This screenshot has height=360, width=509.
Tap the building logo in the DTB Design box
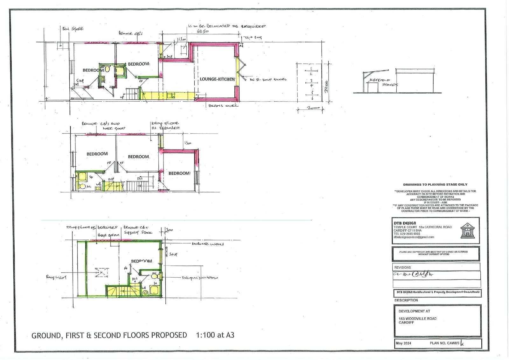pyautogui.click(x=467, y=230)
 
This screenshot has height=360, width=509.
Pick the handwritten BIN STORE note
pyautogui.click(x=73, y=29)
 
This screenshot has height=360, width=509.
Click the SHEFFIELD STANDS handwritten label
pyautogui.click(x=384, y=83)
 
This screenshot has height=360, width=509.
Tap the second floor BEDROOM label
pyautogui.click(x=142, y=261)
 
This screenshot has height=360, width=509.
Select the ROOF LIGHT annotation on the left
pyautogui.click(x=56, y=278)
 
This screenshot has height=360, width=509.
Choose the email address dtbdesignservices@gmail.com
pyautogui.click(x=414, y=237)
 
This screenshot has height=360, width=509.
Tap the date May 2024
pyautogui.click(x=403, y=343)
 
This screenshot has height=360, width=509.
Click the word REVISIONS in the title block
pyautogui.click(x=402, y=267)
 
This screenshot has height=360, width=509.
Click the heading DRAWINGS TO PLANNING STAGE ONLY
pyautogui.click(x=435, y=185)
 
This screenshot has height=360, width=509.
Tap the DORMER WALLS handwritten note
pyautogui.click(x=208, y=244)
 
